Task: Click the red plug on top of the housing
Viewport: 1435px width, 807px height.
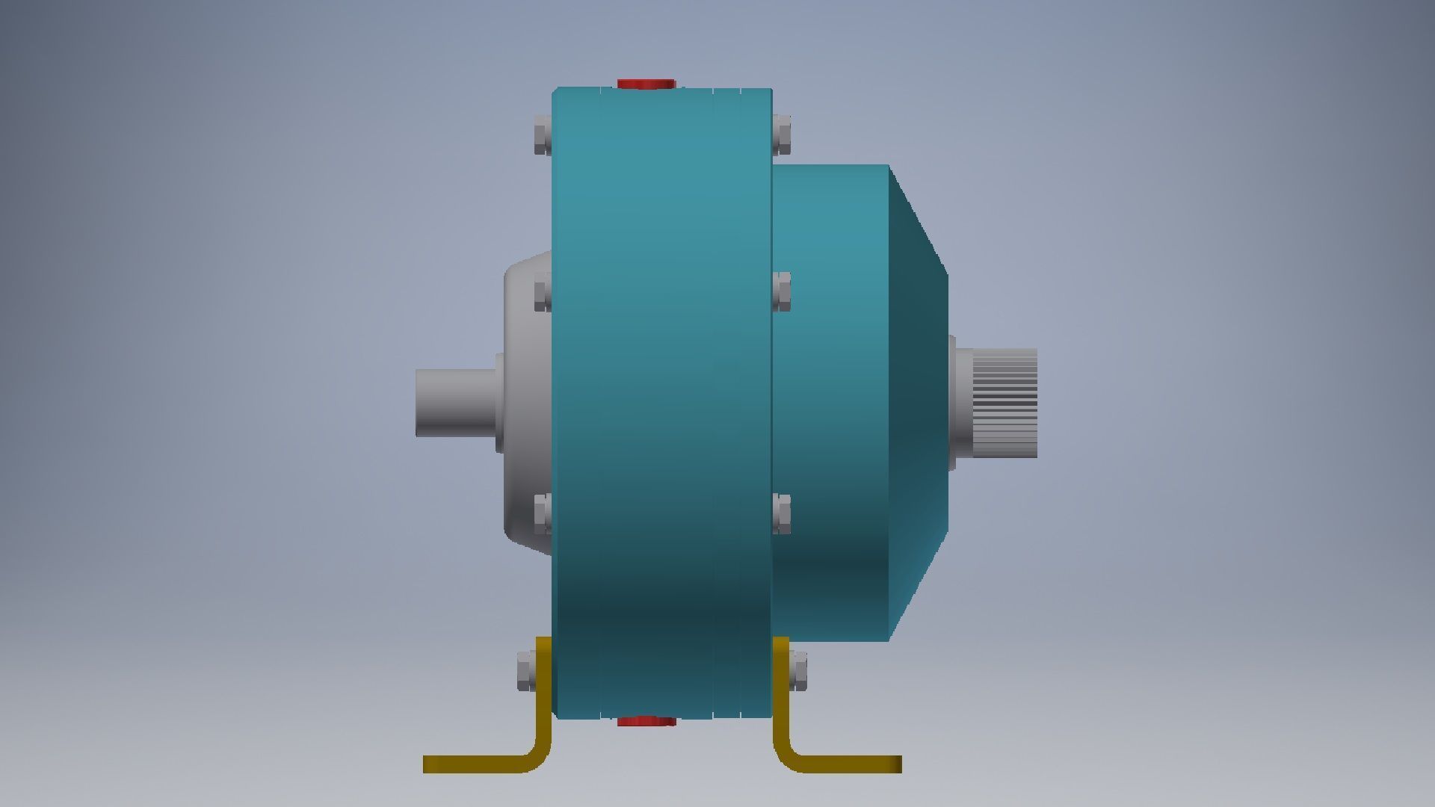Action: coord(646,84)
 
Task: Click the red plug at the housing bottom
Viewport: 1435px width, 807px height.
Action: coord(646,721)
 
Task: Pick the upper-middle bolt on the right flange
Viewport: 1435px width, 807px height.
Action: coord(782,291)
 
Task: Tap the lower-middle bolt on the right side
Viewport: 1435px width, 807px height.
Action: coord(782,513)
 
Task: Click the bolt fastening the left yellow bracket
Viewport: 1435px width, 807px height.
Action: coord(526,670)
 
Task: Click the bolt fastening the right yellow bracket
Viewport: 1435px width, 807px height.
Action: coord(798,670)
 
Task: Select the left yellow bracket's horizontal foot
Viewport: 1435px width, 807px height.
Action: coord(471,764)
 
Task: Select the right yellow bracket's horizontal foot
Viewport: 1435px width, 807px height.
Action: coord(852,764)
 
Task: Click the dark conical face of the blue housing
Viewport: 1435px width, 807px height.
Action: coord(918,403)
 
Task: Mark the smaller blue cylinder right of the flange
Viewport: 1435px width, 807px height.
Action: coord(830,403)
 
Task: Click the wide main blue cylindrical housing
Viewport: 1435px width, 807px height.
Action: coord(661,403)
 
